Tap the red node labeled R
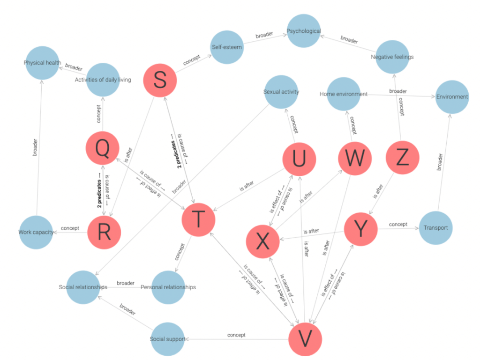104,232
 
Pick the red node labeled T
198,219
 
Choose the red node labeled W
354,159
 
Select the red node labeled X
263,241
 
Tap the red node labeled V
305,338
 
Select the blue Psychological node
304,31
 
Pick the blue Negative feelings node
392,57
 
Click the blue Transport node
435,228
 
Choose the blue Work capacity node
36,232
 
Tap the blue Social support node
167,338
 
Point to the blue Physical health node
43,63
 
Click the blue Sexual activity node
281,92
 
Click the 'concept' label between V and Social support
236,335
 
